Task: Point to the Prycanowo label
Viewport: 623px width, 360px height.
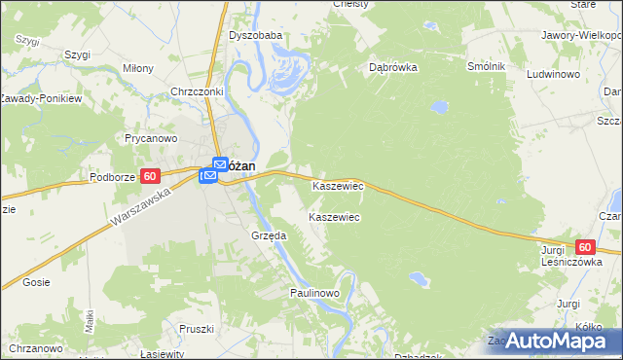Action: tap(150, 138)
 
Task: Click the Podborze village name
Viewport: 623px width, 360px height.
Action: tap(115, 177)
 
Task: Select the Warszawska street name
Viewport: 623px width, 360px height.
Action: tap(141, 209)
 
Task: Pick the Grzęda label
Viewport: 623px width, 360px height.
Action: tap(268, 235)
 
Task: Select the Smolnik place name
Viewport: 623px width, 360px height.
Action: tap(486, 65)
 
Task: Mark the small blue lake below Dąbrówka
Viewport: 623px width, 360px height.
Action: tap(439, 104)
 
